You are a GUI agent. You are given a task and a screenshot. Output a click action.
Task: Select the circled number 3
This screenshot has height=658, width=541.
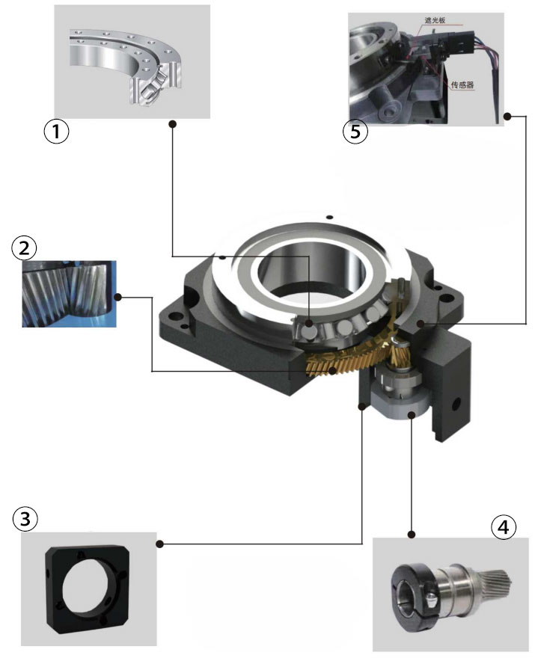(25, 519)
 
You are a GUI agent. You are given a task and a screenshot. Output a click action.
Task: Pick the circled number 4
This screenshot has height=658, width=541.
(503, 526)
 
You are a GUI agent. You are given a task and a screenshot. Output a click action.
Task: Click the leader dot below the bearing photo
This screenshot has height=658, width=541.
(172, 124)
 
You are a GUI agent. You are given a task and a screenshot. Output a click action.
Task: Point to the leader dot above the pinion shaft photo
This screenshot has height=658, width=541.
(411, 534)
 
